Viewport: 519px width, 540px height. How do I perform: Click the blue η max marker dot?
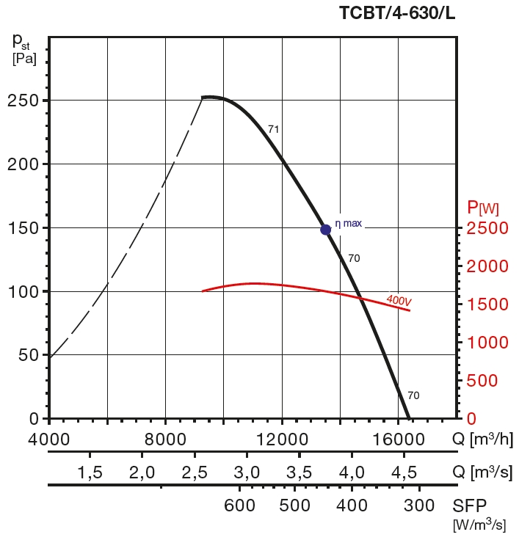[x=326, y=230]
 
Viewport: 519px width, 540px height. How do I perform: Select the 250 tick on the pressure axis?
[x=23, y=101]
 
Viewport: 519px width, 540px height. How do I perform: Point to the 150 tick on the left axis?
[x=23, y=228]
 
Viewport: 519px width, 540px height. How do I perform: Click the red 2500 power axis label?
[x=487, y=228]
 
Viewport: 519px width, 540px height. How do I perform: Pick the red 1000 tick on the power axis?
[x=487, y=343]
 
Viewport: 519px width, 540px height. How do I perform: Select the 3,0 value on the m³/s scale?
[x=247, y=471]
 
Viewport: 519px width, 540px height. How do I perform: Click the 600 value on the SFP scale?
[x=238, y=506]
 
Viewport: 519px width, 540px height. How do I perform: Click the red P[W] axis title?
[x=483, y=209]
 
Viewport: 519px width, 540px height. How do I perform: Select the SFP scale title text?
[x=470, y=506]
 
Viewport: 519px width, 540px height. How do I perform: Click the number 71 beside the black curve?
[x=274, y=129]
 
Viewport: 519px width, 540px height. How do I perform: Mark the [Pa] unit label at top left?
[x=24, y=59]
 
